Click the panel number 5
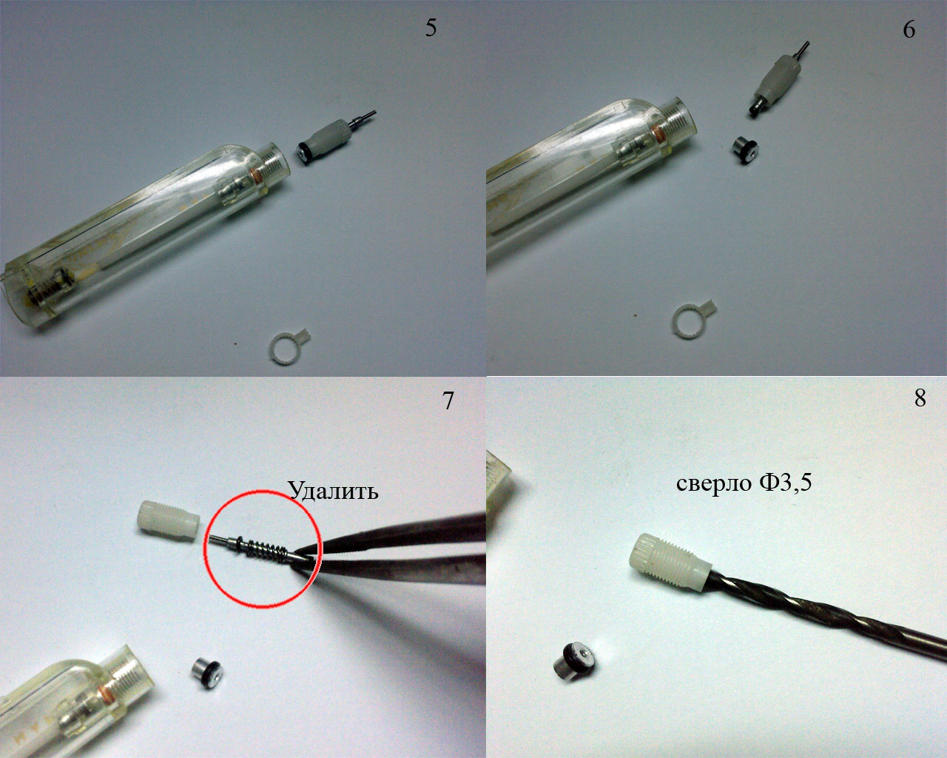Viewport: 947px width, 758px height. coord(431,28)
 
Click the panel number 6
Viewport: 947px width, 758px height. coord(909,29)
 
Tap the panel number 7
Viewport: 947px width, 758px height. coord(448,400)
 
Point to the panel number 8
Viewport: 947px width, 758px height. coord(920,398)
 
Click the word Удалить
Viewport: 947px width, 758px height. coord(333,490)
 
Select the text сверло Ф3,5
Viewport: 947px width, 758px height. coord(744,483)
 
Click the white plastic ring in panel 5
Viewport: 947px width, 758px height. coord(289,348)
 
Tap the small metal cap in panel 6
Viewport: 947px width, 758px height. coord(745,150)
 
